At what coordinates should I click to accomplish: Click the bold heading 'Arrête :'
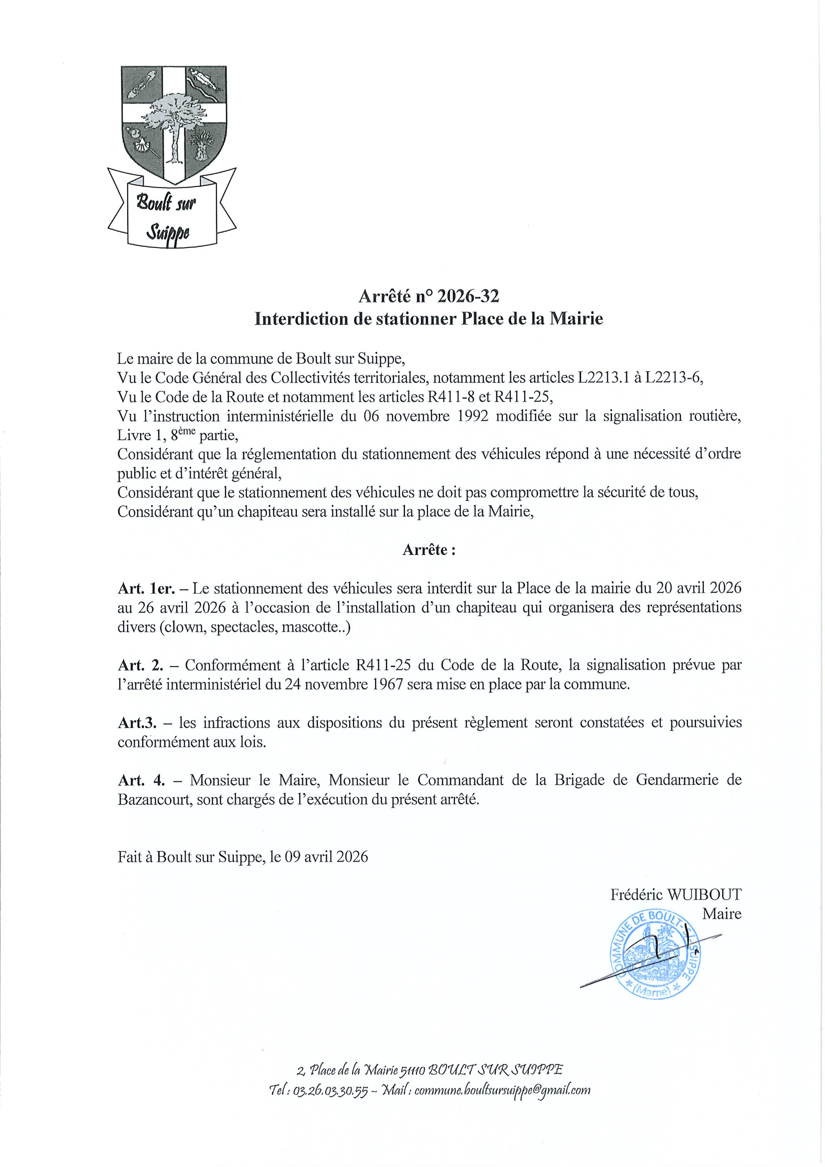coord(429,550)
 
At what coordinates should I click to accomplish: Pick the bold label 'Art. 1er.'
coord(146,589)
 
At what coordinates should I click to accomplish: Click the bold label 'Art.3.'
coord(137,723)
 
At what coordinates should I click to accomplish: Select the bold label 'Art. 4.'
coord(142,780)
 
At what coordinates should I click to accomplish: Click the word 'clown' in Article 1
coord(184,627)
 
